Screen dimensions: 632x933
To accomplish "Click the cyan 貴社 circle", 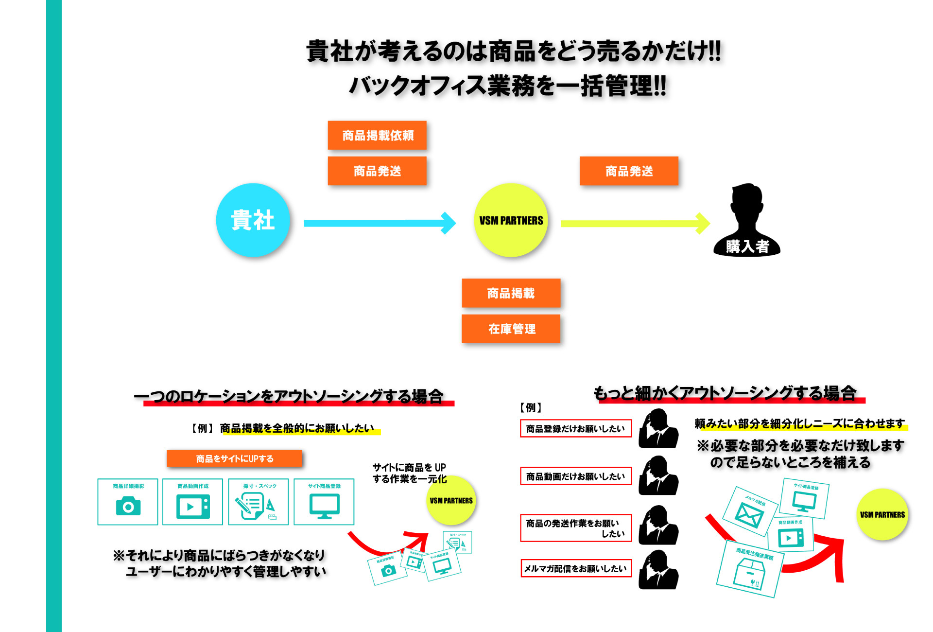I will (x=253, y=220).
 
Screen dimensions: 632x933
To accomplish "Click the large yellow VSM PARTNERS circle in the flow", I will (x=511, y=220).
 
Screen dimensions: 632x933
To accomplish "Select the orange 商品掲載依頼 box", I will (x=377, y=135).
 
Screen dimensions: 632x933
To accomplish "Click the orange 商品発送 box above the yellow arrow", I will (x=629, y=171).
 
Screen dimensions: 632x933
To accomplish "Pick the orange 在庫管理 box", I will (x=511, y=329).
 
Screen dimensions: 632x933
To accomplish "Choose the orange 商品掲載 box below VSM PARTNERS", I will (x=511, y=293).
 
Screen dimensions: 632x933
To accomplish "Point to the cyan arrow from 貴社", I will (x=379, y=223).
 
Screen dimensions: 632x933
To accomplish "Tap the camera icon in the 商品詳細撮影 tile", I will (x=128, y=507).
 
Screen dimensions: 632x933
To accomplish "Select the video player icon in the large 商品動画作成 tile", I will (x=193, y=507).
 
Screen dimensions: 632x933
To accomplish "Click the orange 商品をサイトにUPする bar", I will (x=234, y=458).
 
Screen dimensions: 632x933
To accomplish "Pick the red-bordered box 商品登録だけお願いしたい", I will (x=576, y=428).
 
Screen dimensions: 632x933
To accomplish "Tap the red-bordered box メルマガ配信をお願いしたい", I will (x=576, y=568).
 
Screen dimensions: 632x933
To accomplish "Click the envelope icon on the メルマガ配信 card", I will (x=749, y=514).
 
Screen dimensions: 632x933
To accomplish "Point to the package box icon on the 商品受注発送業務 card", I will (x=749, y=573).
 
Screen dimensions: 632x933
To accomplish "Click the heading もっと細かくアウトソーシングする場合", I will (x=725, y=393).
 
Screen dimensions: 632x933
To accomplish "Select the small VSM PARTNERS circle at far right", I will (x=882, y=514).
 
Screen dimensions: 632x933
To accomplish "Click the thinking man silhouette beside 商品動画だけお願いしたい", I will (x=658, y=476).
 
